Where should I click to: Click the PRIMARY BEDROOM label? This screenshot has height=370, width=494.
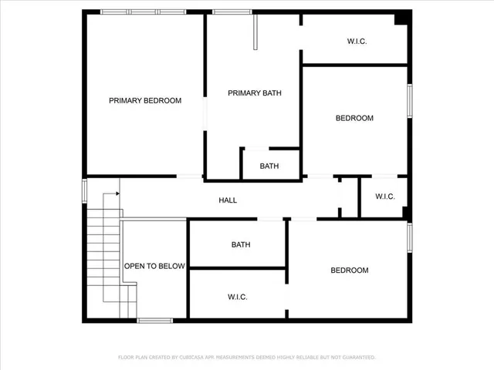point(145,101)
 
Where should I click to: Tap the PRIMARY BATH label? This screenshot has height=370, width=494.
point(254,93)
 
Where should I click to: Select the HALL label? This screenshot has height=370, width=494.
point(228,200)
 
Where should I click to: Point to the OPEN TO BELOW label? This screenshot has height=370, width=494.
point(154,267)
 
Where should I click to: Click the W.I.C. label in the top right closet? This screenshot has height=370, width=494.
point(356,41)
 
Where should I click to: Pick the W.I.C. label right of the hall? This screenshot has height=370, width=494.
point(385,197)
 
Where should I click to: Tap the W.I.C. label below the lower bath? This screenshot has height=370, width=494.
point(237,296)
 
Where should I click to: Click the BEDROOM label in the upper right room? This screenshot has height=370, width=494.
point(354,118)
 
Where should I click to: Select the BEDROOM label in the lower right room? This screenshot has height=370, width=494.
point(350,271)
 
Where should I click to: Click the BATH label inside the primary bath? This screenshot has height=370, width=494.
point(269,166)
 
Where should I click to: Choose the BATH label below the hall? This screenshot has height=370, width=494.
point(241,245)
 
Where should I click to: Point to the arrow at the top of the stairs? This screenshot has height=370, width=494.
point(117,192)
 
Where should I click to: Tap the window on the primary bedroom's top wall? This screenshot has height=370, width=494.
point(144,12)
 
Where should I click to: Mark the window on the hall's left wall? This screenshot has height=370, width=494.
point(85,190)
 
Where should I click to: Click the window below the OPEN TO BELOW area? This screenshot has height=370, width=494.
point(155,320)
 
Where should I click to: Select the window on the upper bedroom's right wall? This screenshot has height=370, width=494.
point(410,101)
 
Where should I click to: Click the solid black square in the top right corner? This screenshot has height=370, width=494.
point(399,19)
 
